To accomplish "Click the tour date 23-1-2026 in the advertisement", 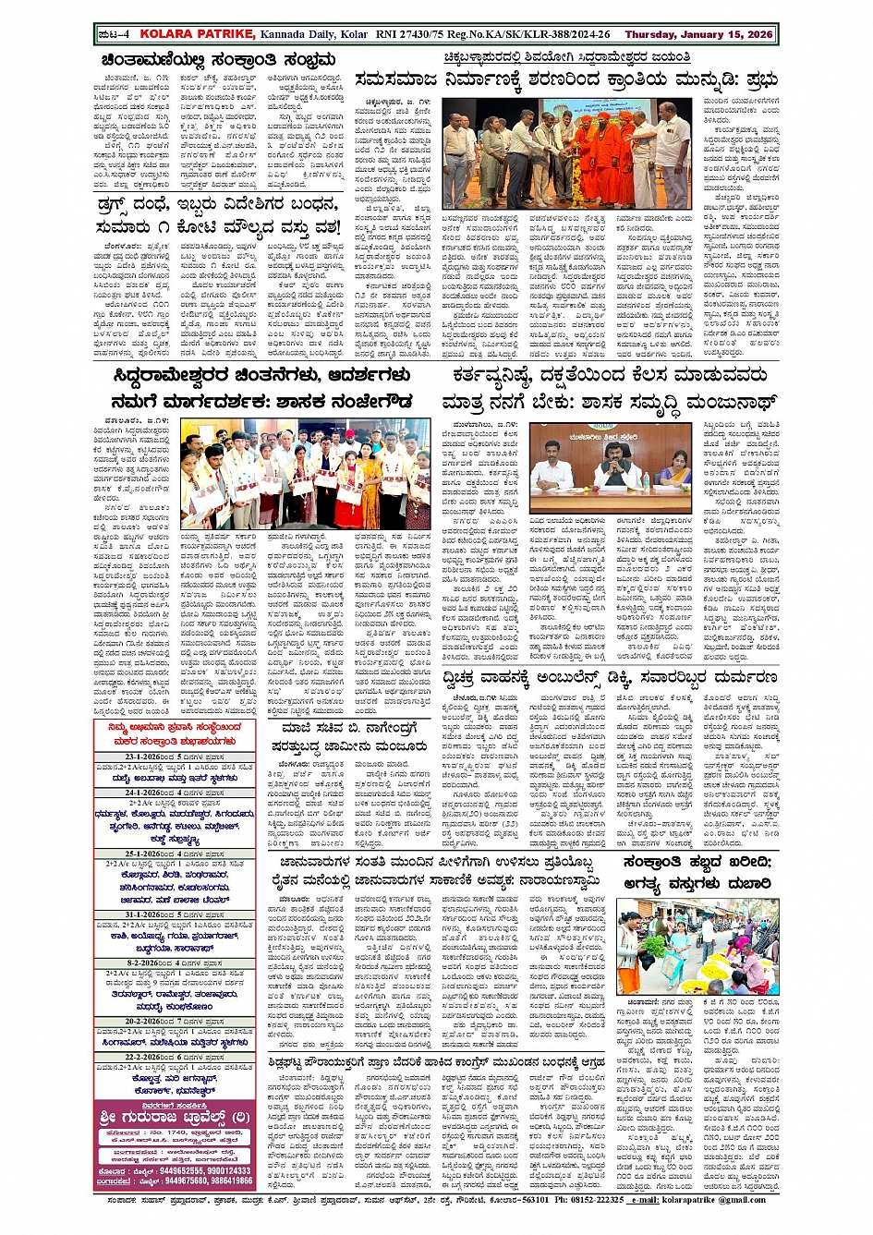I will point(147,757).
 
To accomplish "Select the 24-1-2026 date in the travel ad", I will point(147,793).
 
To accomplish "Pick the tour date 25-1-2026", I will point(147,854).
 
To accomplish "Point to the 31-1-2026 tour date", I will point(147,914).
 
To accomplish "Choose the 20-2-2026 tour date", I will point(147,1022).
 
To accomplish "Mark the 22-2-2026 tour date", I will point(147,1057).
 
